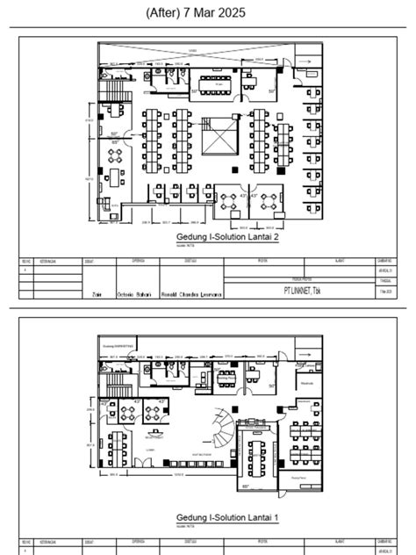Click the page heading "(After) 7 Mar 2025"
(x=207, y=12)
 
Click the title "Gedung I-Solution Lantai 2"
(x=227, y=238)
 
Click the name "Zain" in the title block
(x=97, y=295)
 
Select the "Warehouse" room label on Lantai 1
(x=308, y=383)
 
